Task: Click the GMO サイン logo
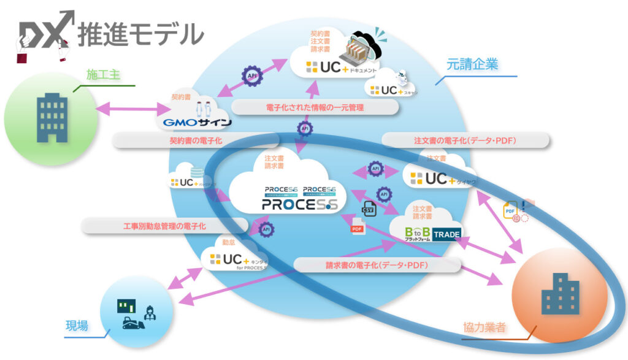click(197, 122)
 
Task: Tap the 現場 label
click(77, 326)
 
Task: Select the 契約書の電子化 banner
click(196, 140)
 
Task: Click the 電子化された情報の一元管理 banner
click(315, 107)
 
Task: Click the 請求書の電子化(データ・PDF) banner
click(377, 265)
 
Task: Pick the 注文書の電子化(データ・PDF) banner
click(465, 140)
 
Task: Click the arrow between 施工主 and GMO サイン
click(132, 110)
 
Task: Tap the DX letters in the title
click(46, 32)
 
